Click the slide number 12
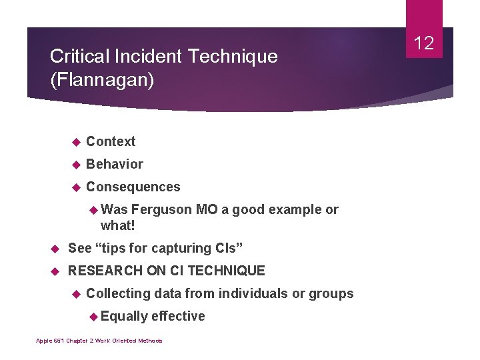coord(424,44)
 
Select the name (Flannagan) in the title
coord(101,81)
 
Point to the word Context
coord(111,141)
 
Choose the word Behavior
coord(115,164)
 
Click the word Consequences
coord(133,187)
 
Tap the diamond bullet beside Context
coord(76,142)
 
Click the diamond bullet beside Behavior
coord(76,165)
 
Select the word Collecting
coord(118,293)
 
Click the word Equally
coord(124,316)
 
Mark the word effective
coord(179,316)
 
